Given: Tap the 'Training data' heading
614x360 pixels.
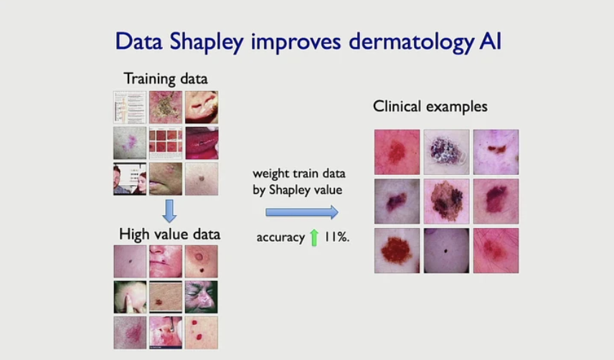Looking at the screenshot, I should (166, 77).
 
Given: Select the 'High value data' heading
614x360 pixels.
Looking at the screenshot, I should (169, 234).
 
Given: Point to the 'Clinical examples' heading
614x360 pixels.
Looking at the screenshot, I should (430, 106).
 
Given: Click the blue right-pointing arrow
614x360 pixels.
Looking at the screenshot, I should (301, 212).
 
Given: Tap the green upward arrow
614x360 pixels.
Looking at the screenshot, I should (313, 237).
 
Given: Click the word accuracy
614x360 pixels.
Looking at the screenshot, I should (280, 237).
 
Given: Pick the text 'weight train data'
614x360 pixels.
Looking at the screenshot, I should (298, 174).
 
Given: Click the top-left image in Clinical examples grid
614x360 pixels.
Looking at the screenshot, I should (397, 152).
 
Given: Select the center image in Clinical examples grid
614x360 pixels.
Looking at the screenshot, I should (446, 202).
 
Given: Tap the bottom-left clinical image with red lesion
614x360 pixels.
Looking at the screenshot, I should (397, 250).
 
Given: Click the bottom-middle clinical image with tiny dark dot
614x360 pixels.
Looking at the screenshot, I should (446, 250).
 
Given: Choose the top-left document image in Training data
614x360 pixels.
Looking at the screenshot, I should (129, 108).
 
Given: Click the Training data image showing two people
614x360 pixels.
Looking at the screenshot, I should (129, 179).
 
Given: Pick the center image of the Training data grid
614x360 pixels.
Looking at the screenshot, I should (166, 143).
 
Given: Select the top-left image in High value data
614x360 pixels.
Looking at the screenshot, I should (129, 262).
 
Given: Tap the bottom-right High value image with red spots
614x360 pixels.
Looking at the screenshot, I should (202, 332).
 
